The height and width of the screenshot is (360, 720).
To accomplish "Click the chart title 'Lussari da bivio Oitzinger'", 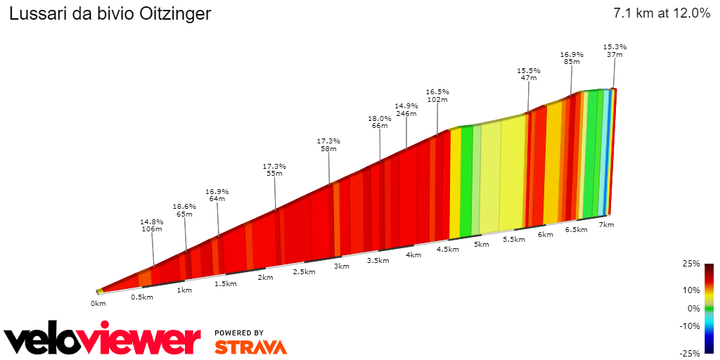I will tap(110, 14).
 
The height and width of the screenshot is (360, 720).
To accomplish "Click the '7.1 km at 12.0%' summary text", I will tap(662, 13).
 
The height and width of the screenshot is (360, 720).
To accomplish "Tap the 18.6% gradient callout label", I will tap(184, 210).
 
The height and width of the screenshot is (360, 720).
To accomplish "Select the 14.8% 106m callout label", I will tap(151, 225).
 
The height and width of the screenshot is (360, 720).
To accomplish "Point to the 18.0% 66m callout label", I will tap(380, 122).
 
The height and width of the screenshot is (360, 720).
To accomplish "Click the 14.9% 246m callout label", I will tap(406, 109).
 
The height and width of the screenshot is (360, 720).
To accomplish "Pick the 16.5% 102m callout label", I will tap(437, 96).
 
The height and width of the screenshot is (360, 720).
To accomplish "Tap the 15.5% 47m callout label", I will tap(528, 74).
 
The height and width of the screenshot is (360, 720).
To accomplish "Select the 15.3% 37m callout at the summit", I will tap(615, 51).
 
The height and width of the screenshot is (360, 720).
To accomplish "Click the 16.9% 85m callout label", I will tap(572, 58).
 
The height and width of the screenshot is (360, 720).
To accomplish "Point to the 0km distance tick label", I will tap(98, 303).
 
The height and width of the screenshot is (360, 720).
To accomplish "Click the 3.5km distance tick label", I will tap(378, 260).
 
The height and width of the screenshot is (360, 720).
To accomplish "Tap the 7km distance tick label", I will tap(606, 224).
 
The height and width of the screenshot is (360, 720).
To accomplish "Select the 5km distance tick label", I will tap(481, 244).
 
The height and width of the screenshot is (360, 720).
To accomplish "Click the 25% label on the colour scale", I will tap(690, 264).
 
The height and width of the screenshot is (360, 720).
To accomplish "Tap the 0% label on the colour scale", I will tap(693, 308).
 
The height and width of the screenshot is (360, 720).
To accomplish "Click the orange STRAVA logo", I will tap(250, 347).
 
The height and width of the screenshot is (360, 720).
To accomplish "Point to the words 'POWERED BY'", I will tap(239, 333).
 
